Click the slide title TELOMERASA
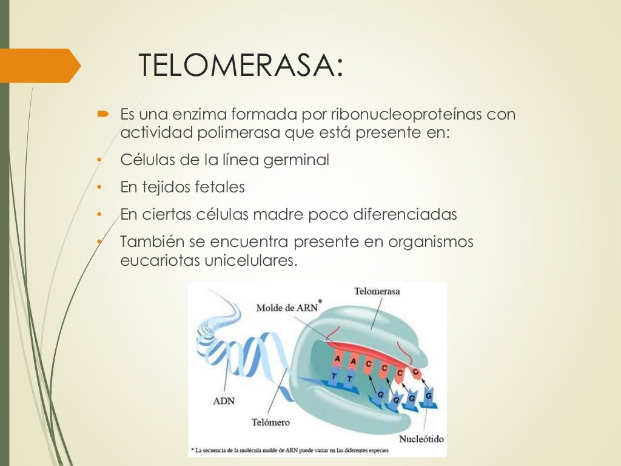241,66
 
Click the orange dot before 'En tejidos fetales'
98,187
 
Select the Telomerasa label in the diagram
377,292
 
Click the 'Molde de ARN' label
287,307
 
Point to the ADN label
224,400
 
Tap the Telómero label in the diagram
270,422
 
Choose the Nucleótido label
421,439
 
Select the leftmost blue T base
333,376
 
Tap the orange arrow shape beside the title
40,66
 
